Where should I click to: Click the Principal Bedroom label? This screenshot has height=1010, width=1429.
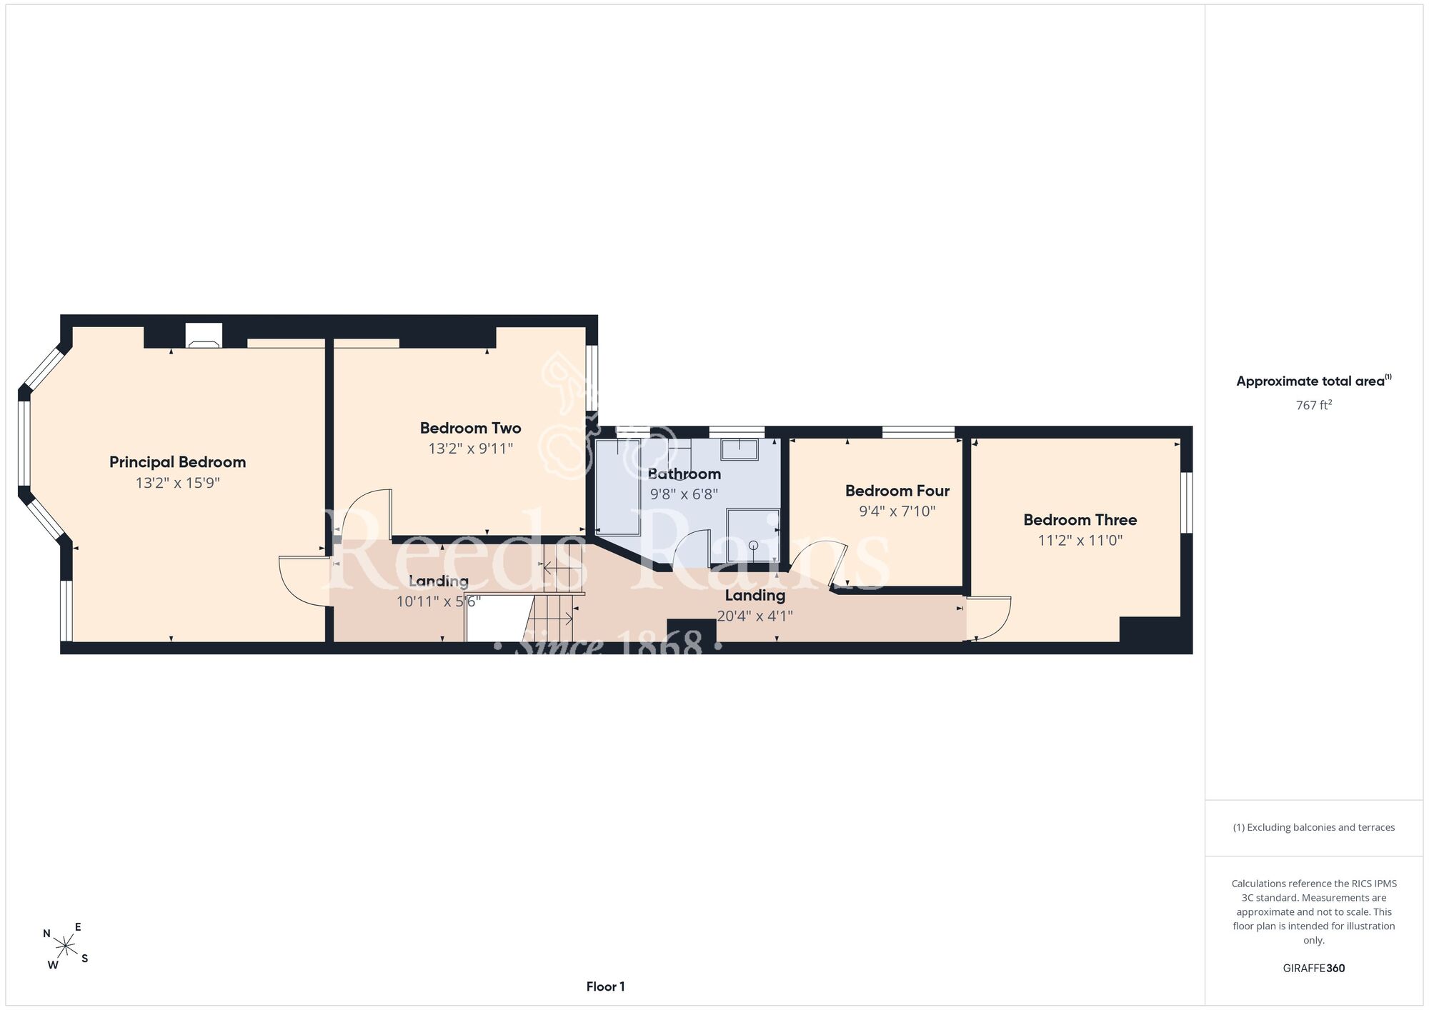coord(177,462)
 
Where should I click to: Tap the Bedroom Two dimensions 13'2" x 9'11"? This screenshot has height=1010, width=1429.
coord(471,449)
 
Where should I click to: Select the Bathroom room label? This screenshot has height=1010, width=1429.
coord(684,474)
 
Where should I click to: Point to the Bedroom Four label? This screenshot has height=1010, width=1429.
coord(897,491)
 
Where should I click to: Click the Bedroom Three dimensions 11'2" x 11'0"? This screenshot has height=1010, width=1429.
coord(1080,541)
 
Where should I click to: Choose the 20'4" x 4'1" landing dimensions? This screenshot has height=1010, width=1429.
coord(755,616)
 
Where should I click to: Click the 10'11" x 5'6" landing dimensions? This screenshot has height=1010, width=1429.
coord(439,601)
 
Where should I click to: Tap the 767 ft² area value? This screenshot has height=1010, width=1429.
coord(1314,405)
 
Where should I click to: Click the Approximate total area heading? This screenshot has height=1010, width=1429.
coord(1314,381)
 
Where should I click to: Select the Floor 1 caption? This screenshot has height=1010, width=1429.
coord(606,986)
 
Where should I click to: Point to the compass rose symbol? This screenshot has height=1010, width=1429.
coord(66,947)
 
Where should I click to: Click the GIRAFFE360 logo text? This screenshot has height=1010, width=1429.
coord(1314,969)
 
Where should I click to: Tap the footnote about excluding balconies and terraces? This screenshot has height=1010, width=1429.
coord(1314,827)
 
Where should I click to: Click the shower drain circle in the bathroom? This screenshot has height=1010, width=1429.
coord(753,545)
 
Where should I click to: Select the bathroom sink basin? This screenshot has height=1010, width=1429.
coord(740,450)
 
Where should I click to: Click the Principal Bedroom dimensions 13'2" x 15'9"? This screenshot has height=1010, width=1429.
coord(178,483)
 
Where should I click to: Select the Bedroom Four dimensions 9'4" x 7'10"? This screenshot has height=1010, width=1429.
coord(897,511)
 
